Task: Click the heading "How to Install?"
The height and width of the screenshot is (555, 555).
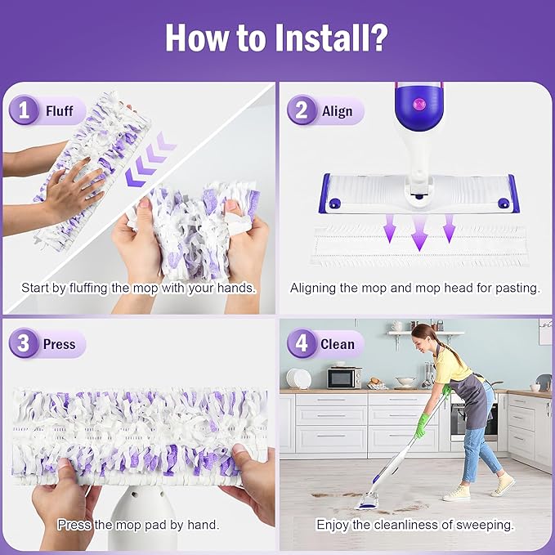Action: coord(277,38)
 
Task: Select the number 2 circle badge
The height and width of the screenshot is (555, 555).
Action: coord(302,111)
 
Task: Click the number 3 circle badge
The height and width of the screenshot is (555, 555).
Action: coord(25,343)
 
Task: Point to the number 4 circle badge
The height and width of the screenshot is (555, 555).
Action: coord(302,343)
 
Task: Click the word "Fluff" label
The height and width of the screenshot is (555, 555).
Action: coord(60,111)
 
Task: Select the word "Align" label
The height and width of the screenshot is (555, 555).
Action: coord(337,111)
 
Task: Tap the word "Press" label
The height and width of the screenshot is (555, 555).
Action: coord(59,344)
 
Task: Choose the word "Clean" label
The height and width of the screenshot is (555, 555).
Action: coord(337,344)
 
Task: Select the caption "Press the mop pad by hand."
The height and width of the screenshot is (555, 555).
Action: coord(138,525)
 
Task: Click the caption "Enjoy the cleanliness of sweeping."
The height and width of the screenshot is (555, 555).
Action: coord(415,525)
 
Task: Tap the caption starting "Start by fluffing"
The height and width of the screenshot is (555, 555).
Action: coord(138,288)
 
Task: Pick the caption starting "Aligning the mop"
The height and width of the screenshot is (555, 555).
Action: coord(415,288)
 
